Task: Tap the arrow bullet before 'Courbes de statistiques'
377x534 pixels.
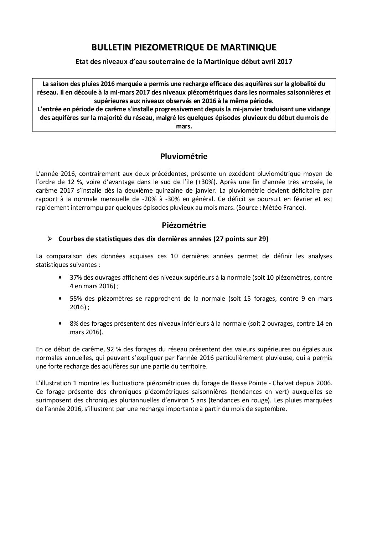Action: [50, 239]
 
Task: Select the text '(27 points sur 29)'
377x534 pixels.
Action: [241, 239]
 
